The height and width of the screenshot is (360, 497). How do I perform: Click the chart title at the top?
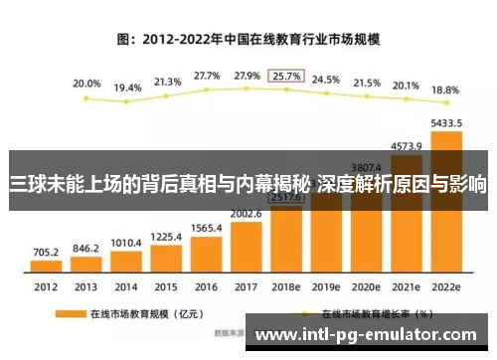point(248,41)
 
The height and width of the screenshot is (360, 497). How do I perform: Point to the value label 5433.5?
point(446,123)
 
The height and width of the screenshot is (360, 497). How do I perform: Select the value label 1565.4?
point(207,228)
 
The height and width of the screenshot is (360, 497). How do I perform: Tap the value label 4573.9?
point(406,145)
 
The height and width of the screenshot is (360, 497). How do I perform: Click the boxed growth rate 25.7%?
point(287,76)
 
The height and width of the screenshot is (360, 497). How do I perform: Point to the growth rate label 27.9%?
point(247,76)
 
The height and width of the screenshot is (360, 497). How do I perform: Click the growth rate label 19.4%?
point(127,88)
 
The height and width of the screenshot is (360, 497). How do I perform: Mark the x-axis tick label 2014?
point(126,287)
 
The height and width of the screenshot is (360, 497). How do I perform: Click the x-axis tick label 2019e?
point(326,287)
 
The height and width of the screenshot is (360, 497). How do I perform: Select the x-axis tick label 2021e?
point(406,287)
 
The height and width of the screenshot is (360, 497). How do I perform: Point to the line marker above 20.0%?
point(87,98)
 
